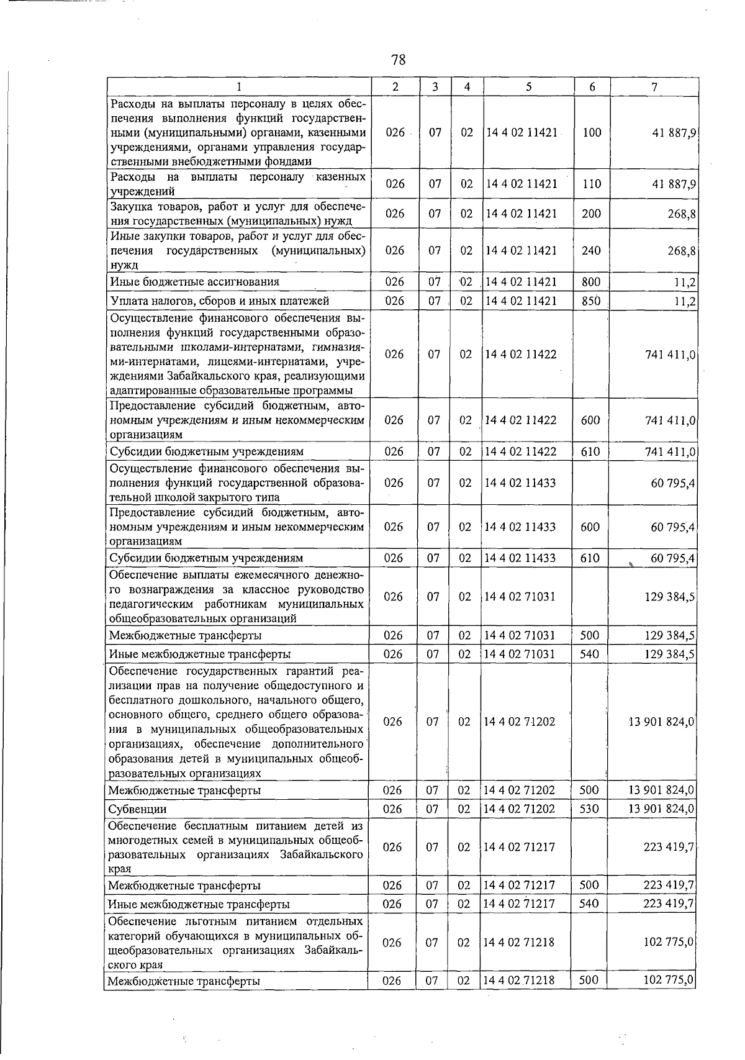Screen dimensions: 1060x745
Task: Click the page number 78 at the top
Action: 398,60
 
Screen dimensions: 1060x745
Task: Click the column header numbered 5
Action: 528,88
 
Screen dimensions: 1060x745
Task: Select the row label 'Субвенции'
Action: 137,810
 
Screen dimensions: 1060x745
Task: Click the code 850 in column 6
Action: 591,301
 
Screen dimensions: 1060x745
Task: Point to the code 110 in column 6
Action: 592,184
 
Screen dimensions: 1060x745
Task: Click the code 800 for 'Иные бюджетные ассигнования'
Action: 591,282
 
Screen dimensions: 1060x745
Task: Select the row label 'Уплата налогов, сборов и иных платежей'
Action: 219,301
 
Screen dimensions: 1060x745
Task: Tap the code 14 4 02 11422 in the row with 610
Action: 521,451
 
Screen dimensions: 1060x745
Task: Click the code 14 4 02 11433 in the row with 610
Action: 521,558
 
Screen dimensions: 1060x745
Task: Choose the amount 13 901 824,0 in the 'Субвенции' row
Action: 661,809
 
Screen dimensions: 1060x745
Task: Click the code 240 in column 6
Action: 591,251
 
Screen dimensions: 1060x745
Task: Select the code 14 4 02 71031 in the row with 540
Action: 520,654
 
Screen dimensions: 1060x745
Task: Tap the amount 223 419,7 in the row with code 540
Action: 668,904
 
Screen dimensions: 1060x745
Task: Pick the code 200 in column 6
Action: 591,214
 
